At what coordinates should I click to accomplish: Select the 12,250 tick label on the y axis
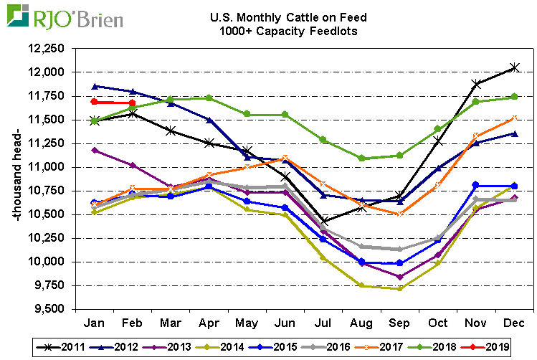pos(47,49)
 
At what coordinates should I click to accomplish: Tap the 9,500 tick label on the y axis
pos(49,309)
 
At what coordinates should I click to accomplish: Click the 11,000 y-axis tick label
pos(47,167)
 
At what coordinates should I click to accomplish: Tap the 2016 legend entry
pos(329,347)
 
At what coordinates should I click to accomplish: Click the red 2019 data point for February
pos(133,103)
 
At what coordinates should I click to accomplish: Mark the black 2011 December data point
pos(513,67)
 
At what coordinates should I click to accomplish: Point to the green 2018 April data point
pos(209,98)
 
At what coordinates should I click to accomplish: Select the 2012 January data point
pos(94,86)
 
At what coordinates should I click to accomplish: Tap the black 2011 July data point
pos(323,220)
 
